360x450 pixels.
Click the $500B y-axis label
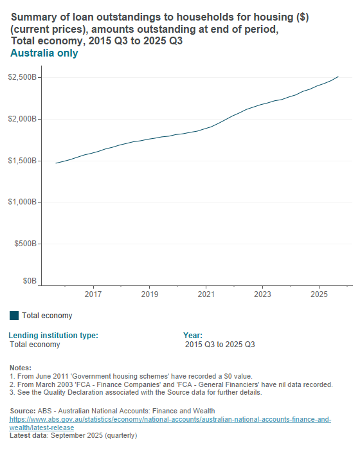point(25,244)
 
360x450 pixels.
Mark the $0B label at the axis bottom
point(30,281)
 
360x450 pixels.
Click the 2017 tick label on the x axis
point(94,294)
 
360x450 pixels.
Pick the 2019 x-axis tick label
point(150,294)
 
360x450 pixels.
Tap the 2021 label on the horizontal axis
point(206,294)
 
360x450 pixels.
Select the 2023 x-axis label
point(262,294)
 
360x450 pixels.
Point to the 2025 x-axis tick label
point(319,294)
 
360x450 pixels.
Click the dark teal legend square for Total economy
point(14,316)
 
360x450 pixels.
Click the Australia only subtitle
point(44,53)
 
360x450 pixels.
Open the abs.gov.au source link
point(170,419)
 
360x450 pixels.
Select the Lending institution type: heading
point(53,335)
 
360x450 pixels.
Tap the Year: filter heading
point(193,335)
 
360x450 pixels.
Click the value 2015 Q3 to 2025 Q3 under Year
point(220,345)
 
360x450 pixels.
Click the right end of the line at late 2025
point(339,76)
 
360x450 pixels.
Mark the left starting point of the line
point(56,163)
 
